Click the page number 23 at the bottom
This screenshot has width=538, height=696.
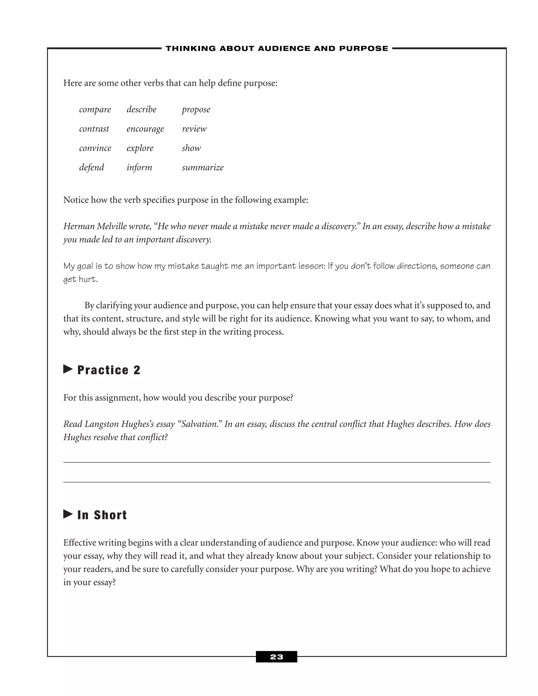click(276, 657)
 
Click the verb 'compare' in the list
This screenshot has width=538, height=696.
click(95, 110)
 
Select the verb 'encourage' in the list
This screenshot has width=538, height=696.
click(145, 129)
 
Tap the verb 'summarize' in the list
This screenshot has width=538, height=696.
click(203, 168)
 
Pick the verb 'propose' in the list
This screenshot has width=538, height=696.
click(196, 110)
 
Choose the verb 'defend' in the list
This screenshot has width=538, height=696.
click(91, 168)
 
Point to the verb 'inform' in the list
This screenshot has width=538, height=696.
click(139, 168)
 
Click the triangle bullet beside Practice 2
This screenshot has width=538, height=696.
click(68, 369)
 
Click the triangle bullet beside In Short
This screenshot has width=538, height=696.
click(68, 514)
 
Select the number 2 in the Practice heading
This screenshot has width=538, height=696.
click(137, 370)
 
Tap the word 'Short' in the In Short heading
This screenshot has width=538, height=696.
click(110, 515)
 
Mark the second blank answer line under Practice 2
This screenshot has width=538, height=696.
click(276, 482)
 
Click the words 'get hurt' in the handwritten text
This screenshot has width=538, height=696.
click(80, 279)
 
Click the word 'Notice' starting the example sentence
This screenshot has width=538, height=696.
click(76, 200)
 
